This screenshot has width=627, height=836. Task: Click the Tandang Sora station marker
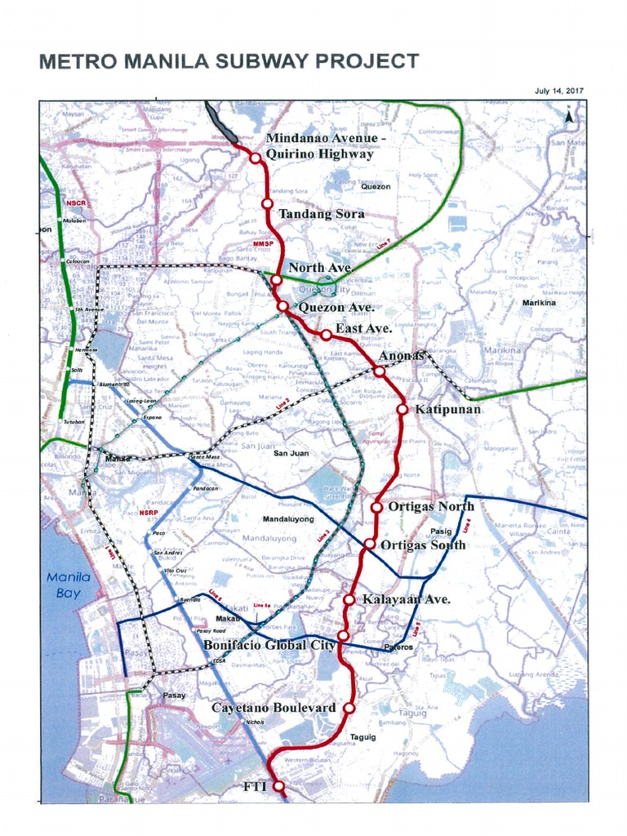coord(266,204)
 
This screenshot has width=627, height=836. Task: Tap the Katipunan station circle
coord(402,409)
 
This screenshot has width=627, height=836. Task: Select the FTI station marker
coord(278,786)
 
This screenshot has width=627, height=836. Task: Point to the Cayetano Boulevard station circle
coord(349,708)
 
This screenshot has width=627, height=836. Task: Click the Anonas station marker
coord(380,371)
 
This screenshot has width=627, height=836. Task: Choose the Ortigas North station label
coord(431,506)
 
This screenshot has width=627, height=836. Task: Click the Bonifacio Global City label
coord(269,645)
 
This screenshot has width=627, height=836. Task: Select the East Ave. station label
coord(363,328)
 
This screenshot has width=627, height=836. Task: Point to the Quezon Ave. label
coord(336,307)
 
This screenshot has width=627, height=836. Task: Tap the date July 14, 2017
coord(559,91)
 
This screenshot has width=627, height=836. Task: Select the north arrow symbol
coord(570,117)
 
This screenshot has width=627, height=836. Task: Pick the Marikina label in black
coord(539,303)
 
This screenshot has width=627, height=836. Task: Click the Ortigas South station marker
coord(370,544)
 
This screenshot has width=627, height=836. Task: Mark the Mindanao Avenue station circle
coord(256,157)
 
